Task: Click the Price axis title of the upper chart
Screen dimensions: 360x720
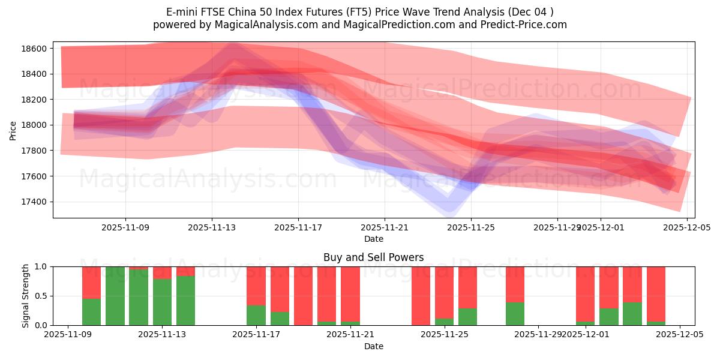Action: [13, 130]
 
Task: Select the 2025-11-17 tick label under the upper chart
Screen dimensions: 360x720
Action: [298, 228]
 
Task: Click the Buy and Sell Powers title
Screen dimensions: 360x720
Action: [373, 257]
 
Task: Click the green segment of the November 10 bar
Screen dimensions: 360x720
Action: [91, 311]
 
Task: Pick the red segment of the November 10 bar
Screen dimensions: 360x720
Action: [91, 282]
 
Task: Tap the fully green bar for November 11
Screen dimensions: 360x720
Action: [115, 296]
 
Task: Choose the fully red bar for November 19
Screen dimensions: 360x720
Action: [303, 296]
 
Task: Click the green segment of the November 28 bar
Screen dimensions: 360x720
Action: [515, 313]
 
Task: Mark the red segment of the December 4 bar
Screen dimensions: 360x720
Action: [656, 293]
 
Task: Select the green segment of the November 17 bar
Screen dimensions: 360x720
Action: [256, 315]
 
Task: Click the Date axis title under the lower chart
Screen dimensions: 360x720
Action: [373, 347]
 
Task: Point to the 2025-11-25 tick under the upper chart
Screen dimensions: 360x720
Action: [471, 228]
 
